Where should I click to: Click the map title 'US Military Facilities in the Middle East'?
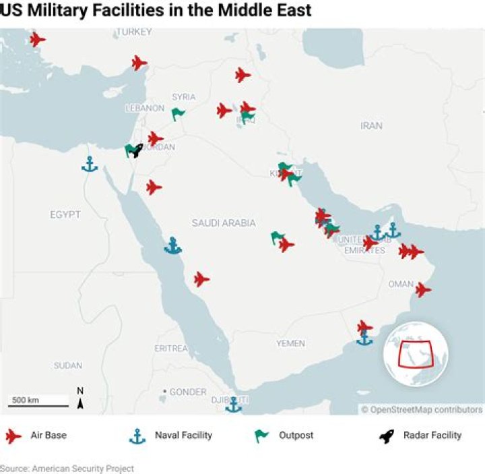pyautogui.click(x=156, y=11)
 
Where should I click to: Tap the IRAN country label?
pyautogui.click(x=371, y=125)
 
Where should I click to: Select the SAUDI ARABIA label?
pyautogui.click(x=224, y=223)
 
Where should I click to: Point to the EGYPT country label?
pyautogui.click(x=65, y=214)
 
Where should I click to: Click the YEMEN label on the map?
pyautogui.click(x=290, y=343)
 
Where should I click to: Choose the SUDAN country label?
pyautogui.click(x=67, y=365)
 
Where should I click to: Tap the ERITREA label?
pyautogui.click(x=171, y=348)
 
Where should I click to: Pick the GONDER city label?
pyautogui.click(x=187, y=392)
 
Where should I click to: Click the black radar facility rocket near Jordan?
pyautogui.click(x=137, y=150)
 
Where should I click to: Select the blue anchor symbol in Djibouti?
pyautogui.click(x=234, y=405)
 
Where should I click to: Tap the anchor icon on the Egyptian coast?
pyautogui.click(x=89, y=163)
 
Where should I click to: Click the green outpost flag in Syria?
pyautogui.click(x=178, y=113)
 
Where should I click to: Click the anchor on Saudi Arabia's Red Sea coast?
pyautogui.click(x=173, y=245)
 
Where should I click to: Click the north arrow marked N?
pyautogui.click(x=80, y=399)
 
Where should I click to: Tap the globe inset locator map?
pyautogui.click(x=416, y=354)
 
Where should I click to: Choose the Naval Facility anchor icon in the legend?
pyautogui.click(x=137, y=436)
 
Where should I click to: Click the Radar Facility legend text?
pyautogui.click(x=432, y=435)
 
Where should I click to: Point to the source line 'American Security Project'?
pyautogui.click(x=67, y=468)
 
